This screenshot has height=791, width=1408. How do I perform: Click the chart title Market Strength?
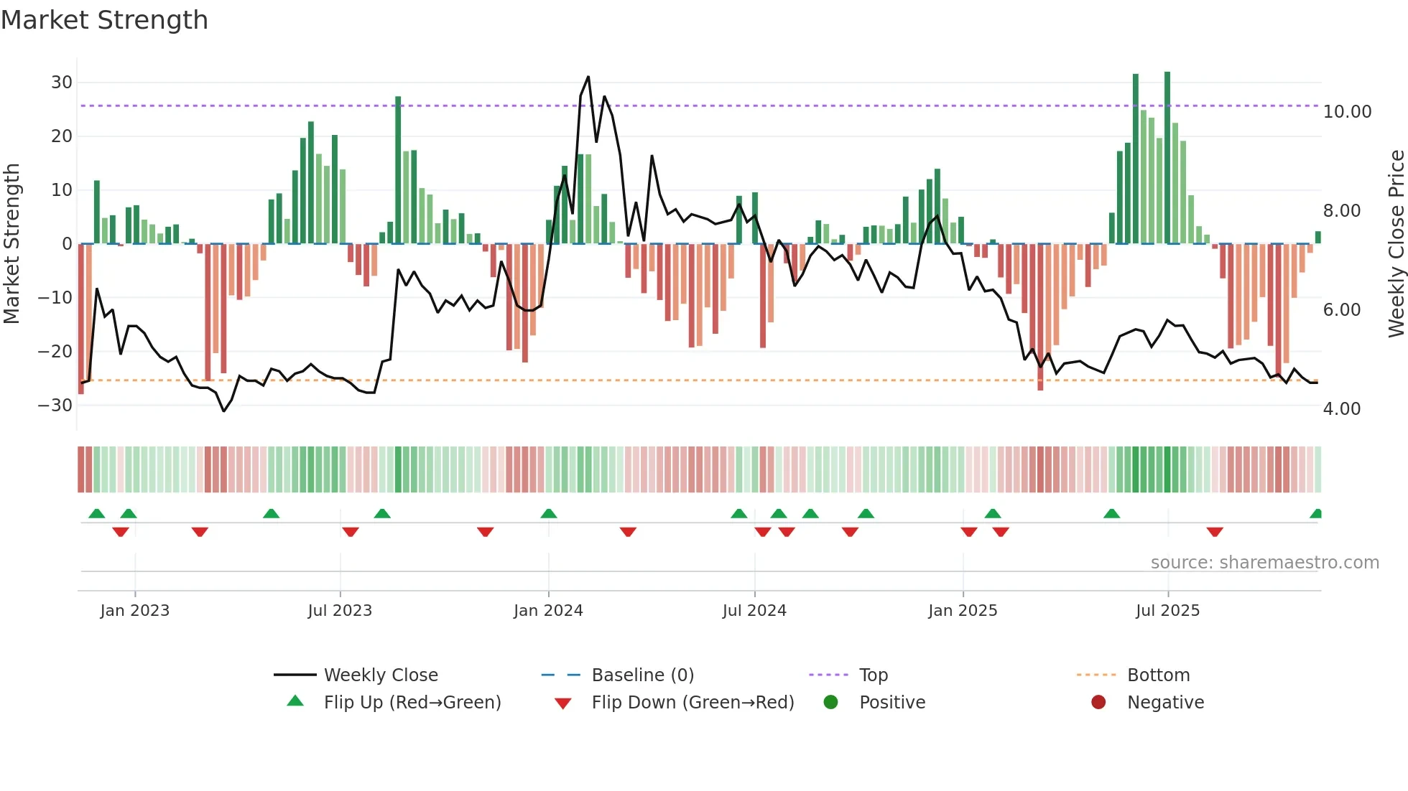104,20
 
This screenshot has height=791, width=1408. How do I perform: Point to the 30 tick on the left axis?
62,83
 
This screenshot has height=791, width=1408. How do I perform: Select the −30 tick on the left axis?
56,406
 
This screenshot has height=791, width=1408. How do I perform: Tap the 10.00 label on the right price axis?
1347,112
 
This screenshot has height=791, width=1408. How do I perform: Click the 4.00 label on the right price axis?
1341,409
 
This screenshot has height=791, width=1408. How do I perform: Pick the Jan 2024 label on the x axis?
548,611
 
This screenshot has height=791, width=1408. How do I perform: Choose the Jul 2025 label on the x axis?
1167,611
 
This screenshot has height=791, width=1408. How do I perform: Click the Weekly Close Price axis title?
1396,244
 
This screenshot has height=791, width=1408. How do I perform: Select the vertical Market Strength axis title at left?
12,244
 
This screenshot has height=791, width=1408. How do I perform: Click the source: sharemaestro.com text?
1264,563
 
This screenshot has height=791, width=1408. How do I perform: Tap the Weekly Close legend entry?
380,675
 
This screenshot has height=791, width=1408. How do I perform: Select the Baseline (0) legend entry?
642,675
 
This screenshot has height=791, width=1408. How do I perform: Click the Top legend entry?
873,675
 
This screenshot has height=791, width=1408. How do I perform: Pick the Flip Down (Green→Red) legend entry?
692,703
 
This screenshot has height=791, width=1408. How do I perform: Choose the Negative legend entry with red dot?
1164,703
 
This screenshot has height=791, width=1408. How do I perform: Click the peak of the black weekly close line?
588,77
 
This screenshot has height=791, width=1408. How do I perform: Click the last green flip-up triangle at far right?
1316,514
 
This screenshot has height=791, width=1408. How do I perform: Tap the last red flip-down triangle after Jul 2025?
1215,532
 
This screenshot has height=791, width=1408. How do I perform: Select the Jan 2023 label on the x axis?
135,611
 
